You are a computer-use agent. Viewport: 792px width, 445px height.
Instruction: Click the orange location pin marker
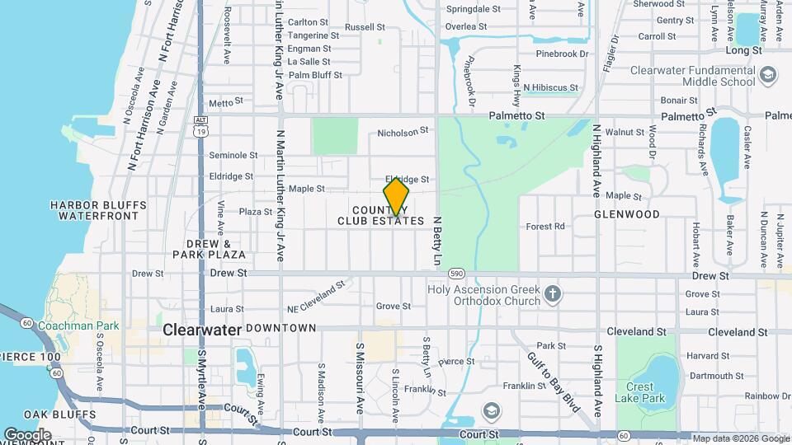[396, 198]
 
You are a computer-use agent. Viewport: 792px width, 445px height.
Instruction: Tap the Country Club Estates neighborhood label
[381, 216]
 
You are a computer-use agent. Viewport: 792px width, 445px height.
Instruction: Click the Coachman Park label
[78, 326]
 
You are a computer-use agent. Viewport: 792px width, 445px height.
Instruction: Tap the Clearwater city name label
[202, 330]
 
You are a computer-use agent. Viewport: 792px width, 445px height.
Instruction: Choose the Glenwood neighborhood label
[627, 214]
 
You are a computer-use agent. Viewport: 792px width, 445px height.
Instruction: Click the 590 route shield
[457, 273]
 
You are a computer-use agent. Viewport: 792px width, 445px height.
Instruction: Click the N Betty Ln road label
[438, 241]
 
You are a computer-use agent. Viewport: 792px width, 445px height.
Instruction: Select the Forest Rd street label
[545, 226]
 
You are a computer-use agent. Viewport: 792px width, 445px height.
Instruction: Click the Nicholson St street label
[403, 131]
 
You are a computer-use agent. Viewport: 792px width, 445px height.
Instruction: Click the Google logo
[27, 435]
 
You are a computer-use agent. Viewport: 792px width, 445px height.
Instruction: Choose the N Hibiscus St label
[549, 87]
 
